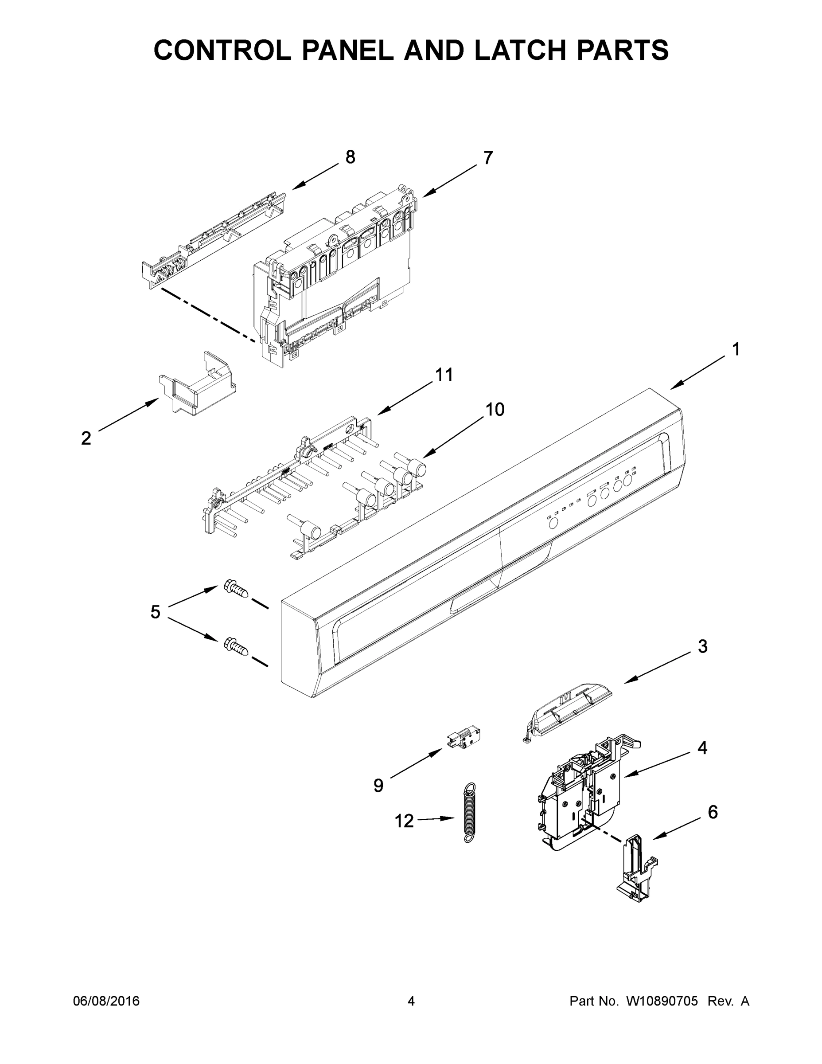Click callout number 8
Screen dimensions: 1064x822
tap(350, 157)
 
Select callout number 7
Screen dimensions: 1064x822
tap(488, 158)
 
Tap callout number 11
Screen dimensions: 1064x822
tap(444, 375)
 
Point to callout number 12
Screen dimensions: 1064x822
tap(404, 821)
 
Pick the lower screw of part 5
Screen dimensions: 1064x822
tap(236, 645)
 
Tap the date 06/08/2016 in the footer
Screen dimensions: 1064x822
tap(106, 1001)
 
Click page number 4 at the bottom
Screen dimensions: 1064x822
tap(411, 1001)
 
